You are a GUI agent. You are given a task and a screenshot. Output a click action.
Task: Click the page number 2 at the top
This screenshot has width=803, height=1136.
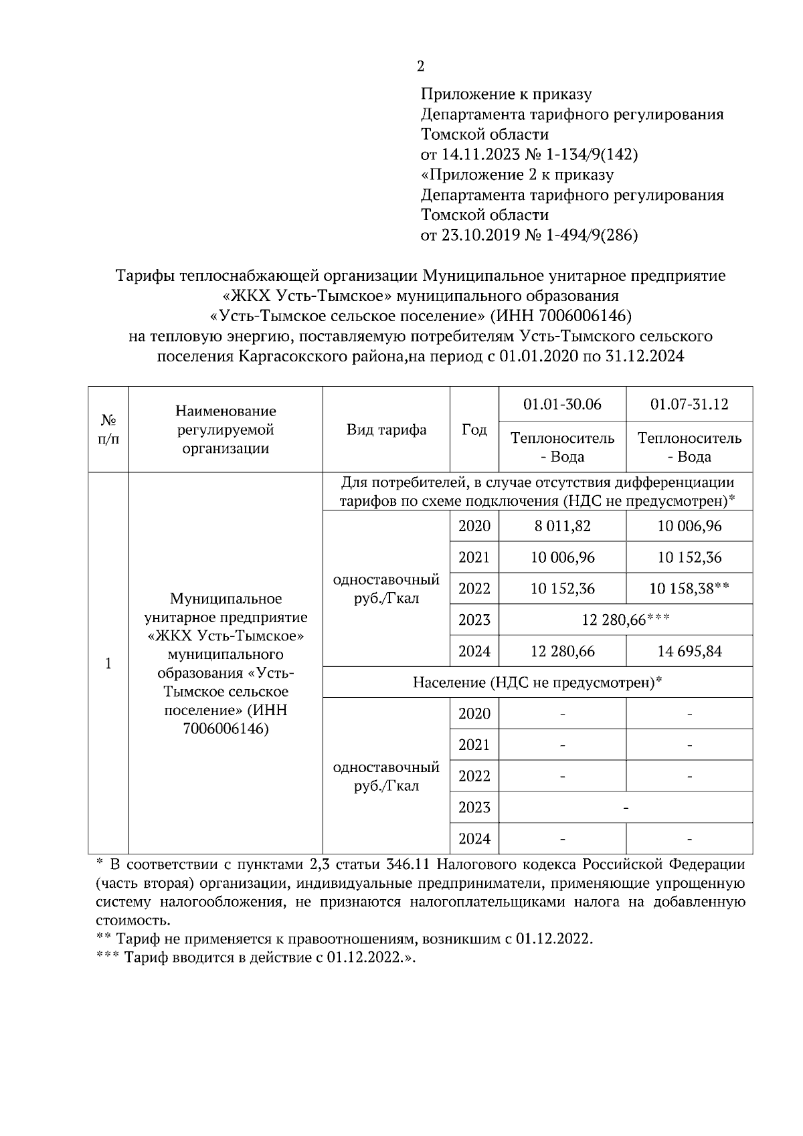420,66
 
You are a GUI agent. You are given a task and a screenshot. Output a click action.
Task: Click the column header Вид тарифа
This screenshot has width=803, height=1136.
386,430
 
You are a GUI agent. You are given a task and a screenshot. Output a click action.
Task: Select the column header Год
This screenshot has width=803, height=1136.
474,430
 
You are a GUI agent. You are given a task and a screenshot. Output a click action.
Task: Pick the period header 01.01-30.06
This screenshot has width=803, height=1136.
562,404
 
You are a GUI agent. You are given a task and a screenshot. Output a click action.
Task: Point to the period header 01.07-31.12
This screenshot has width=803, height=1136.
689,404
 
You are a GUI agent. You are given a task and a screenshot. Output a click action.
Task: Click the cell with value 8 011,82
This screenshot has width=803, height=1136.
562,527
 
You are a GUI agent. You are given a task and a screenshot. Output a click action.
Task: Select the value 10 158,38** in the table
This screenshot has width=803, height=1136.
689,589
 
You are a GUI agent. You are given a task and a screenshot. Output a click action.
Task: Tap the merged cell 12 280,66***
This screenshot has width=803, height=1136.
626,620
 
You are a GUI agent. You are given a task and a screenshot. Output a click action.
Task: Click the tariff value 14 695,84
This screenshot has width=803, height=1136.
689,651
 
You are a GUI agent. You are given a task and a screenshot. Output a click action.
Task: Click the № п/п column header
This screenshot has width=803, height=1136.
108,430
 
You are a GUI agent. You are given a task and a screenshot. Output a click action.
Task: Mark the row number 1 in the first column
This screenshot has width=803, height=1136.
108,664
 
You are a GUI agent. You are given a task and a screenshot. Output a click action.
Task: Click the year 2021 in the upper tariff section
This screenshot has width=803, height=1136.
474,557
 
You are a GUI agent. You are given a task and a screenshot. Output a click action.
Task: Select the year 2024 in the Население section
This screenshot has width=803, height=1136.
474,838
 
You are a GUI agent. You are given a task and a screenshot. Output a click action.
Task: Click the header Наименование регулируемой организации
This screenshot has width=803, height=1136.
226,430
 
